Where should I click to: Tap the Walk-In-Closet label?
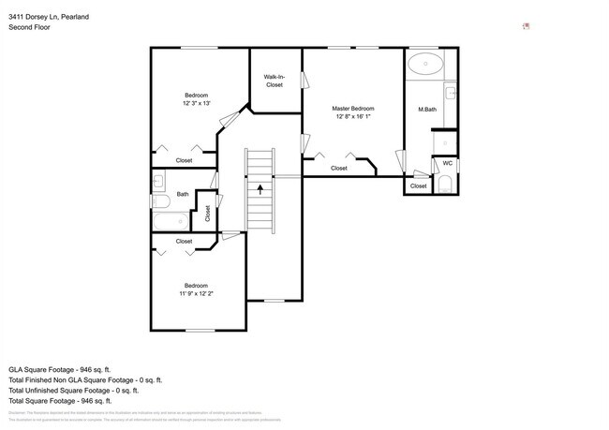tap(274, 81)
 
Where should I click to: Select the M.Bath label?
tap(427, 111)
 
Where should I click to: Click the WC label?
tap(448, 163)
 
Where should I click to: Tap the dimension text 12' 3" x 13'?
tap(196, 103)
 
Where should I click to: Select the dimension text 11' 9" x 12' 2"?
tap(196, 293)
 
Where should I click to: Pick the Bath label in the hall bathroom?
tap(182, 195)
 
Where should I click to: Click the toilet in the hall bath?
tap(159, 200)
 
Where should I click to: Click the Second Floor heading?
tap(29, 27)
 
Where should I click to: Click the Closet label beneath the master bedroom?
tap(338, 169)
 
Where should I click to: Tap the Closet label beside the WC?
tap(418, 186)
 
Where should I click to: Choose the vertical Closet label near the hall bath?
tap(207, 213)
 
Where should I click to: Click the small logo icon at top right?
tap(527, 26)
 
